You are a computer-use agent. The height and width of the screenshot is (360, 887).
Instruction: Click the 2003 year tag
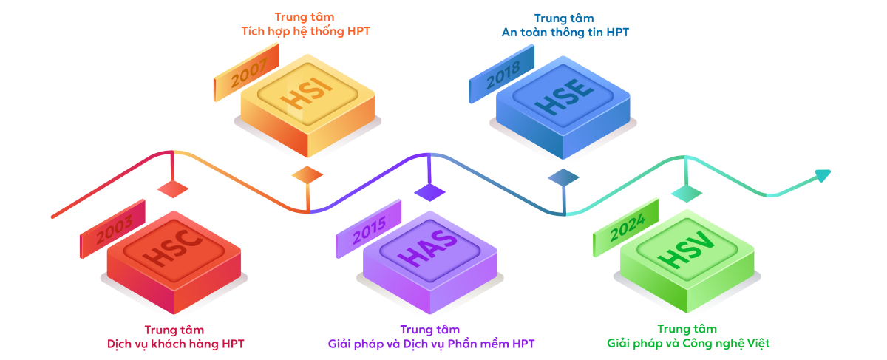pos(113,229)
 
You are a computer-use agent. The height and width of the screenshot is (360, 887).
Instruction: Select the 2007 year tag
pos(247,72)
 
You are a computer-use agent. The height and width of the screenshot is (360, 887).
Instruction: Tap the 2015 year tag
pos(369,229)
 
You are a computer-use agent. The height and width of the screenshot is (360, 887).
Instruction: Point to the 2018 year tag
pos(502,74)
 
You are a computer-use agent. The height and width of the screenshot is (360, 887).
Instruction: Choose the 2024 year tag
pos(626,228)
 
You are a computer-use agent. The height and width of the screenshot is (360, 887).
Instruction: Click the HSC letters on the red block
pos(173,248)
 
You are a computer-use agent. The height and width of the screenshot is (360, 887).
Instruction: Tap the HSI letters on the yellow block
pos(307,92)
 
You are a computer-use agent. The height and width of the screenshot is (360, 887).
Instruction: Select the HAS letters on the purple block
pos(429,248)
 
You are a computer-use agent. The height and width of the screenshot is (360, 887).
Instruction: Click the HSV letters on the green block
pos(686,248)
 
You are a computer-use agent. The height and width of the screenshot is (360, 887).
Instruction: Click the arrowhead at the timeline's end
pos(823,175)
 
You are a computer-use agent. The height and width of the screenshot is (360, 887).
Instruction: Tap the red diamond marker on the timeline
pos(173,189)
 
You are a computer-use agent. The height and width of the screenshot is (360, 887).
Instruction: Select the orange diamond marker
pos(307,174)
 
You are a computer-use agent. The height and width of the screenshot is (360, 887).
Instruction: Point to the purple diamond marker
pos(429,192)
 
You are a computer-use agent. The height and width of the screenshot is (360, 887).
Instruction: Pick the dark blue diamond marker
pos(563,177)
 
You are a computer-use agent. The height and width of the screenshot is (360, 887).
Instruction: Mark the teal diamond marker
pos(687,194)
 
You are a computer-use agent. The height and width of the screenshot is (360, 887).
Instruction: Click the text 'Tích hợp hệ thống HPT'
pos(306,31)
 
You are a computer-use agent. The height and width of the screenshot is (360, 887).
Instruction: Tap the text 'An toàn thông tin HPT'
pos(565,32)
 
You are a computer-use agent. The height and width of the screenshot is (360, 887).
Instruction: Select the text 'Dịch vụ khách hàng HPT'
pos(175,344)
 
